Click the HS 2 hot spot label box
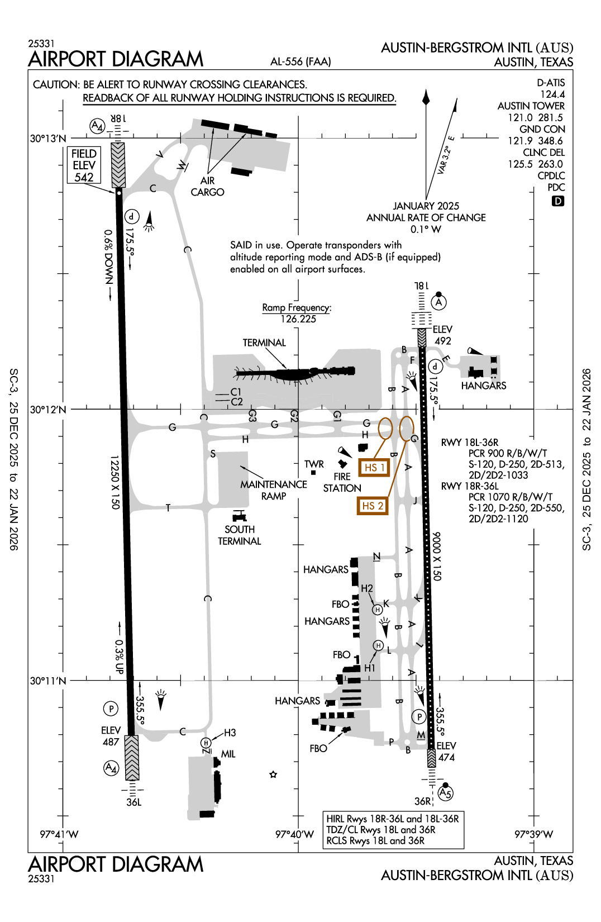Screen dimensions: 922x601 click(373, 506)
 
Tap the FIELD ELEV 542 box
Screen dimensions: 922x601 click(84, 165)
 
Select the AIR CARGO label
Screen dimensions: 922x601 click(207, 187)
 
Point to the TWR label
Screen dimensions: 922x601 click(314, 464)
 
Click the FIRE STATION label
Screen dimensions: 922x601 click(342, 482)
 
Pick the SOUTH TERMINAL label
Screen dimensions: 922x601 click(240, 535)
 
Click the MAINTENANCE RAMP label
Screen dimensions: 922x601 click(274, 490)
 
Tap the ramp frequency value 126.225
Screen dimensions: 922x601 click(298, 319)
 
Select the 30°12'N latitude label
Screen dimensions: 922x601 click(48, 410)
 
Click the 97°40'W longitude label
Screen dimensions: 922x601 click(294, 834)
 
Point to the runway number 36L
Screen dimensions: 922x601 click(133, 802)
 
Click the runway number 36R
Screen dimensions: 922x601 click(423, 801)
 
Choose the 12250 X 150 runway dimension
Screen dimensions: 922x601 click(115, 482)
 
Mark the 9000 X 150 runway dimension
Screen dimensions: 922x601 click(437, 556)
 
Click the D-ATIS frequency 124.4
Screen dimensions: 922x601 click(552, 94)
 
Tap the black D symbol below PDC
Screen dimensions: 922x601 click(557, 201)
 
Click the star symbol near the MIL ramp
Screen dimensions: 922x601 click(273, 774)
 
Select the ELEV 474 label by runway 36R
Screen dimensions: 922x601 click(446, 752)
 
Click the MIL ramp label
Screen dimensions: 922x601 click(228, 754)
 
